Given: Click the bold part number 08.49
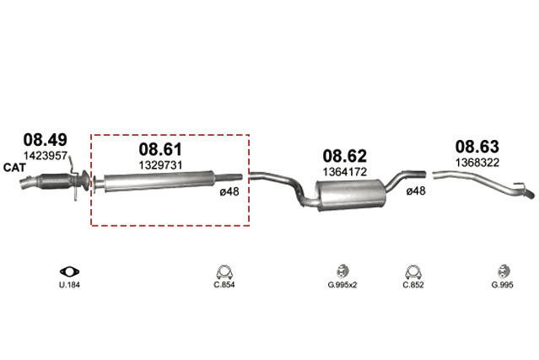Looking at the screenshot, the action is (x=45, y=140).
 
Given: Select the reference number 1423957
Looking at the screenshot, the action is (x=45, y=156).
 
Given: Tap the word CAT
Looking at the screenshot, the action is (x=14, y=168).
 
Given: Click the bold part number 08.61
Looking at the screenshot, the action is (x=160, y=149).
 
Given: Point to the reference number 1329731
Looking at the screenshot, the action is (x=160, y=165).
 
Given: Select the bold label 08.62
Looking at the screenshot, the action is (x=344, y=156).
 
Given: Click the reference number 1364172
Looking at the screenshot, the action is (x=345, y=172).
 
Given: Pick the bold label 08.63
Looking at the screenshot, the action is (x=477, y=147).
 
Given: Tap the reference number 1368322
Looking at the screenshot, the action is (x=477, y=163).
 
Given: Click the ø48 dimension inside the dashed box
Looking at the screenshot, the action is (x=229, y=191).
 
